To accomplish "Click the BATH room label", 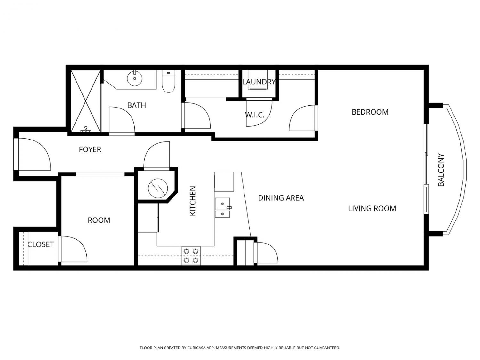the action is [x=136, y=105].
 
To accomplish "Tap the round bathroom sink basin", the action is [x=135, y=78].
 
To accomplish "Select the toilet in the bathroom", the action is [x=168, y=81].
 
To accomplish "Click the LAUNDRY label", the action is [x=259, y=82].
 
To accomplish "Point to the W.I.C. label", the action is [x=254, y=115].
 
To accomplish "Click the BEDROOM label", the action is [x=370, y=112].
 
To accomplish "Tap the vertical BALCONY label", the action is [x=441, y=170].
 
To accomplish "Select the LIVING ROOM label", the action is [x=372, y=209].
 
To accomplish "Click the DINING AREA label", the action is [x=281, y=198].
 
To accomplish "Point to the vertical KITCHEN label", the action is [x=192, y=201].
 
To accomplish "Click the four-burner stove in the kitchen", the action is [x=191, y=256].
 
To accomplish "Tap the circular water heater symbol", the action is [x=158, y=188].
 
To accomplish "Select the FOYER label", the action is [x=90, y=149].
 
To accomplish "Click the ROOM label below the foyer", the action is [x=99, y=220].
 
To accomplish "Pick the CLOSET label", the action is [x=41, y=244].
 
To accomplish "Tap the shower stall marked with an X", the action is [x=86, y=101].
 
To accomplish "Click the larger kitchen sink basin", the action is [x=222, y=204].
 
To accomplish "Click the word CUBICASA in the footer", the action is [x=196, y=348].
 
